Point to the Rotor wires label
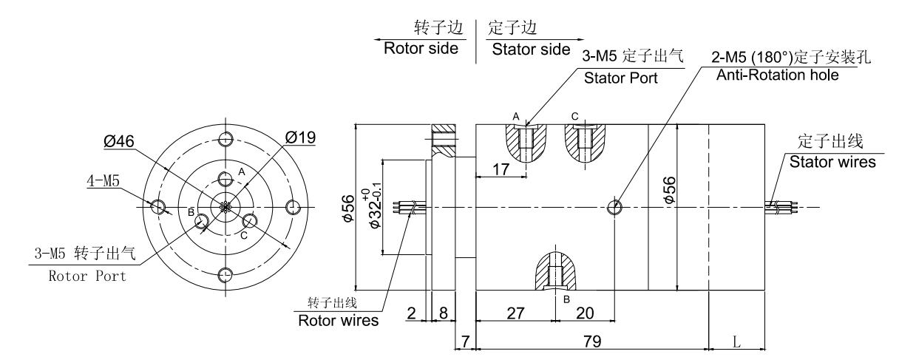click(338, 321)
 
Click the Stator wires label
click(832, 162)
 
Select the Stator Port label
click(620, 78)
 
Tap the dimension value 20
click(584, 313)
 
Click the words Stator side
click(531, 50)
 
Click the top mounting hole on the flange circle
click(226, 139)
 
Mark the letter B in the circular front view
click(191, 213)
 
